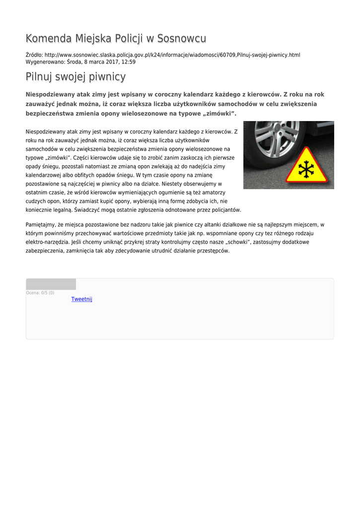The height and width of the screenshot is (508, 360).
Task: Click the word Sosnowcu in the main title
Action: tap(182, 39)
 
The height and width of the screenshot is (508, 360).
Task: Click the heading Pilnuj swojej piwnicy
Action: tap(75, 77)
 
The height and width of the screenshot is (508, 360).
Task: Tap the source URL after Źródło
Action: tap(172, 55)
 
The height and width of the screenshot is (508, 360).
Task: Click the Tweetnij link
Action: tap(81, 299)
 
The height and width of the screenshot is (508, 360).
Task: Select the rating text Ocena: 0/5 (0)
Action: tap(40, 293)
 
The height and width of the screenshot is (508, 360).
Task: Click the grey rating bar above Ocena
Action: tap(51, 284)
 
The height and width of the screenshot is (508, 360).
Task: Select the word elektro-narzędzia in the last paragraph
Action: tap(46, 242)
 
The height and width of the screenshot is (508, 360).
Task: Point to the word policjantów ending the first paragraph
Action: tap(226, 210)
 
